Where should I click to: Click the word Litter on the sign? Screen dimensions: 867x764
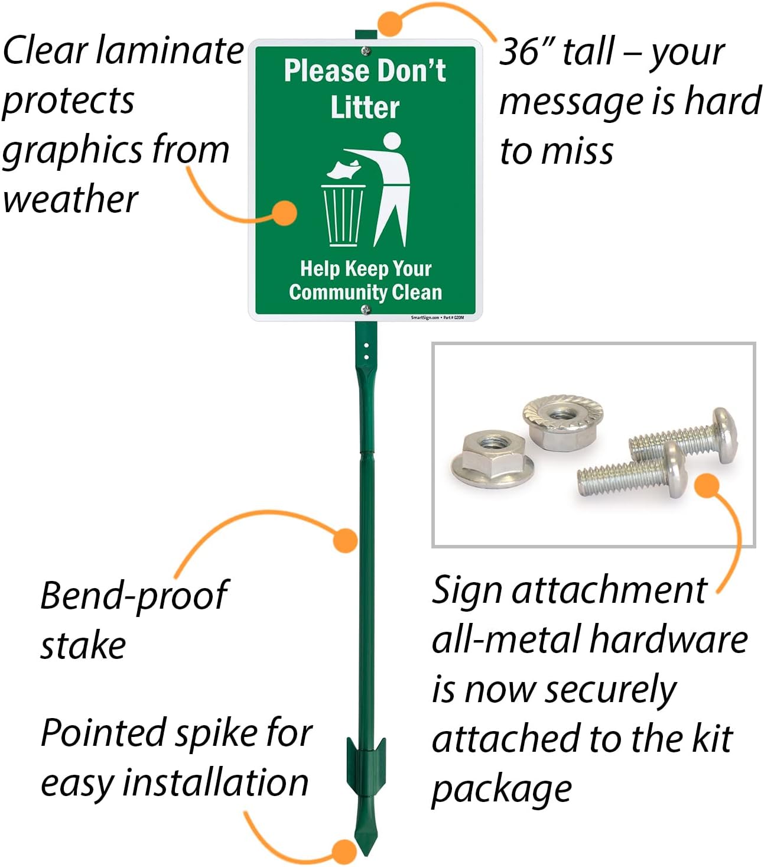pyautogui.click(x=365, y=108)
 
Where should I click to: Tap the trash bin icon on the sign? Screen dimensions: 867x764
pyautogui.click(x=343, y=215)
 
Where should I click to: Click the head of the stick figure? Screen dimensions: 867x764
pyautogui.click(x=392, y=141)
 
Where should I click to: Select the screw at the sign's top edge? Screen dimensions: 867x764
pyautogui.click(x=366, y=51)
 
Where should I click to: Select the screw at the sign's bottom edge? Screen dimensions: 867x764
pyautogui.click(x=366, y=309)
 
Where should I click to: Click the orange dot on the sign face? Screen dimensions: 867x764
pyautogui.click(x=285, y=213)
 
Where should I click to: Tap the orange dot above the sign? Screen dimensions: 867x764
pyautogui.click(x=390, y=22)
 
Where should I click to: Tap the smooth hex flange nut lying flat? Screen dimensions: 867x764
pyautogui.click(x=492, y=458)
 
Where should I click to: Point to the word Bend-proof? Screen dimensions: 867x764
pyautogui.click(x=134, y=596)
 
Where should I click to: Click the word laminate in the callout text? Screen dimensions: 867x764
pyautogui.click(x=170, y=50)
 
